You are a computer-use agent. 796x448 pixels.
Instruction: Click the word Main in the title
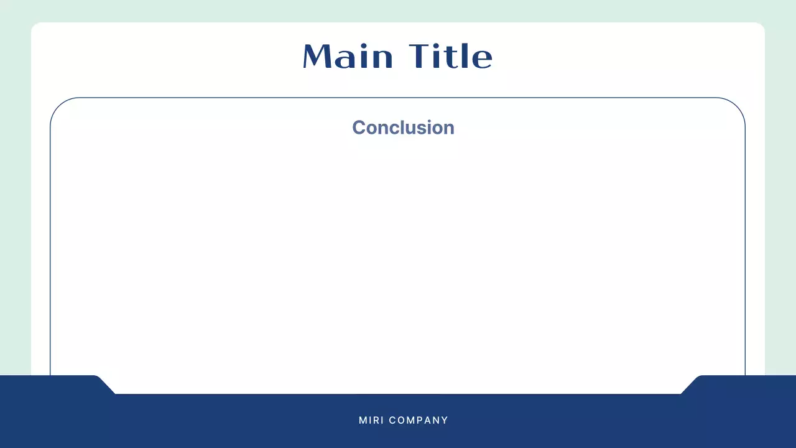(348, 57)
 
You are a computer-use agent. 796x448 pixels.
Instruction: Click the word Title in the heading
(451, 57)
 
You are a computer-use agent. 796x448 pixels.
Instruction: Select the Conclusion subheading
(403, 128)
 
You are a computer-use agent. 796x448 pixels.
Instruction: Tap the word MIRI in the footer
(371, 421)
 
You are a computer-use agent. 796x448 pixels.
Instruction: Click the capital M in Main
(317, 57)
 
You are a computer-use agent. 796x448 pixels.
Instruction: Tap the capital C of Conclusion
(358, 128)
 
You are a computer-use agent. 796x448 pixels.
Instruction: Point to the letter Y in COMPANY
(445, 421)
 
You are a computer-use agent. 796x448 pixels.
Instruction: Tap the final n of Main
(384, 59)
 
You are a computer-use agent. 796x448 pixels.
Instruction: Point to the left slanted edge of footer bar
(106, 385)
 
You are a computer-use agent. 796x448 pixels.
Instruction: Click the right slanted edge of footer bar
(690, 385)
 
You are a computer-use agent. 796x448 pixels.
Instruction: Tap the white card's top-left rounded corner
(34, 26)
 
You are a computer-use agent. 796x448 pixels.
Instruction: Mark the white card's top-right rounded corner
(761, 26)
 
